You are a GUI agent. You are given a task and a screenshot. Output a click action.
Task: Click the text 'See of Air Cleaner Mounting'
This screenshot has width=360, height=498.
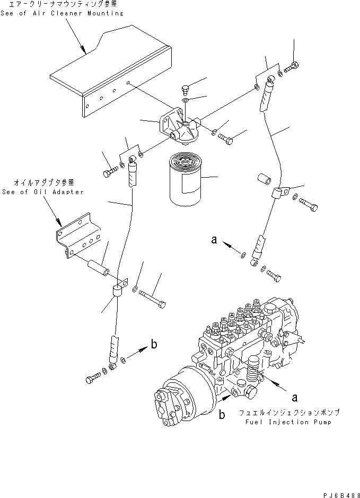(63, 13)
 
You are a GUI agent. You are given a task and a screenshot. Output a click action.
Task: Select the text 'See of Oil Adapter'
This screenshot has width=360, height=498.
(43, 192)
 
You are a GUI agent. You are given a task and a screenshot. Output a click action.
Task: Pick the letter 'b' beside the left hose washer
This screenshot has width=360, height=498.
(153, 345)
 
